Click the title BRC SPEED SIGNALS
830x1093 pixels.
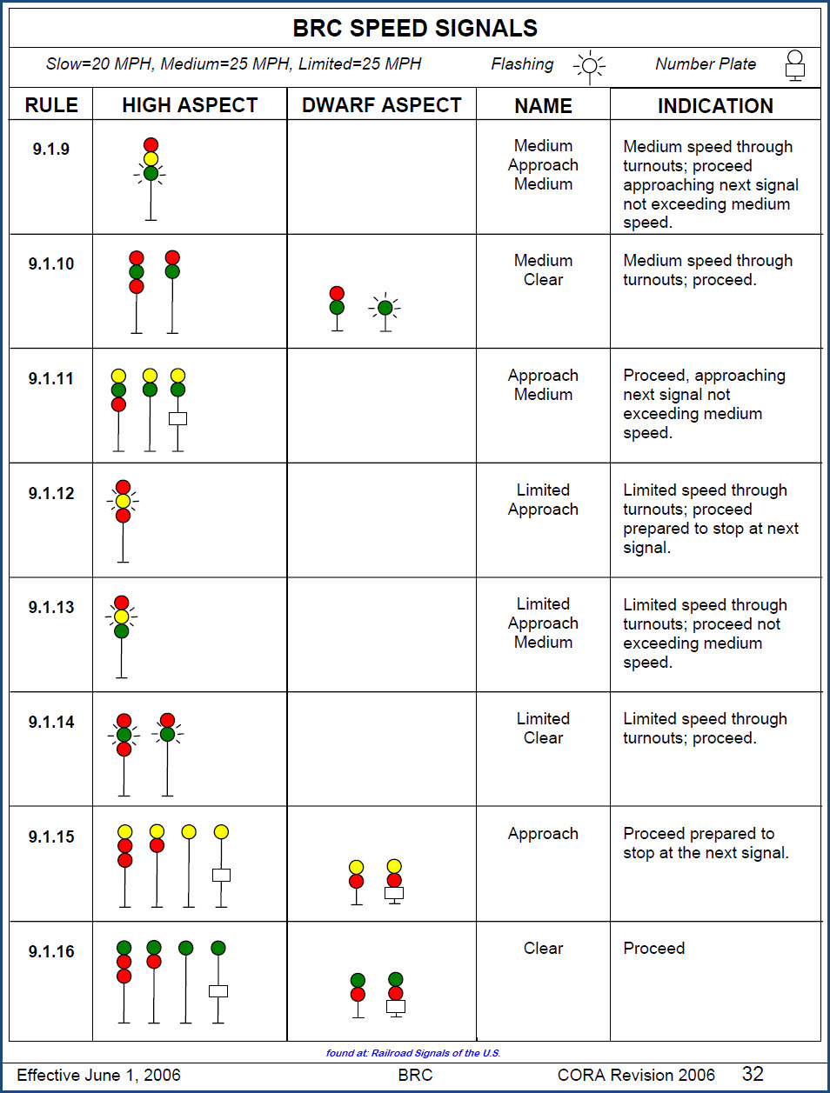415,28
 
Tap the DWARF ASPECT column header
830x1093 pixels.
381,105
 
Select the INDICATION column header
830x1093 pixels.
715,106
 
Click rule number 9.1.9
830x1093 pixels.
51,149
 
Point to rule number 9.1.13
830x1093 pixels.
51,607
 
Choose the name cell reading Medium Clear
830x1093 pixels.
543,270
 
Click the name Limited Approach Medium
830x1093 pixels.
543,623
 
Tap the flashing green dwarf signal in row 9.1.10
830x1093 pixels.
385,307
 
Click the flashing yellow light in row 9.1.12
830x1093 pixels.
123,501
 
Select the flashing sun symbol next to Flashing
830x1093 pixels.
590,65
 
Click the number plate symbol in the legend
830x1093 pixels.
794,65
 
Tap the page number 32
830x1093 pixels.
753,1074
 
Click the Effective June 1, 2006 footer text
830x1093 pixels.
98,1075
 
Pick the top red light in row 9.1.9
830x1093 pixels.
151,145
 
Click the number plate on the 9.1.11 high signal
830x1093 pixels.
177,418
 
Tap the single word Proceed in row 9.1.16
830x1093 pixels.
653,948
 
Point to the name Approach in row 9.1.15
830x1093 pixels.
543,833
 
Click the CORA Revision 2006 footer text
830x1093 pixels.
636,1075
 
